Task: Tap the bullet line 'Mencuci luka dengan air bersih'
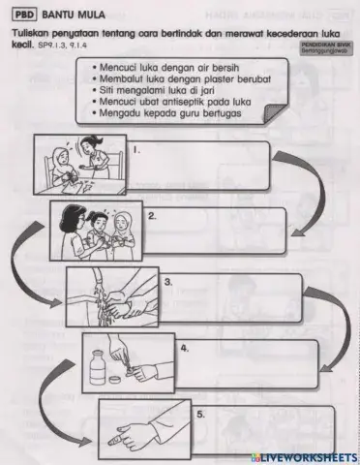pyautogui.click(x=163, y=70)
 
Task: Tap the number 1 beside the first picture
pyautogui.click(x=137, y=149)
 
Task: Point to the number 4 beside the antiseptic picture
pyautogui.click(x=184, y=345)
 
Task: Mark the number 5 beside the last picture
pyautogui.click(x=199, y=413)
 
